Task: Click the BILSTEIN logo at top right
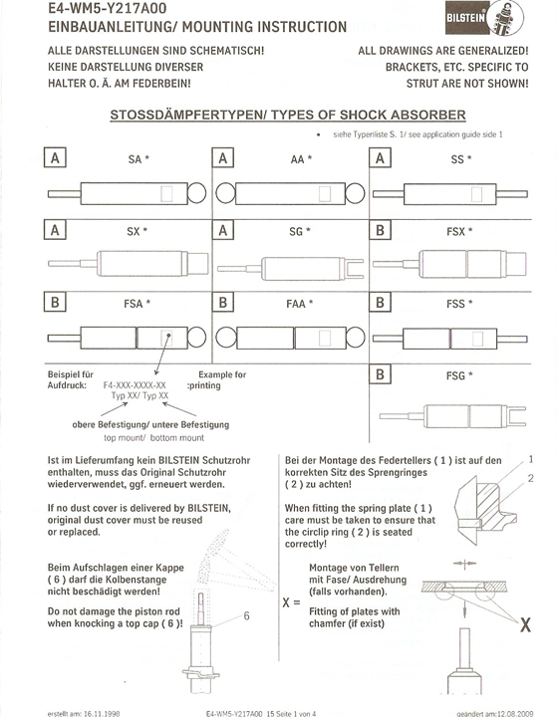tap(484, 17)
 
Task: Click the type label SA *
tap(139, 159)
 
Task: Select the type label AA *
tap(301, 159)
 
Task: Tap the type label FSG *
tap(459, 375)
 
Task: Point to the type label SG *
tap(300, 231)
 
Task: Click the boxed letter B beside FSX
tap(380, 230)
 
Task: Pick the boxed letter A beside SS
tap(380, 158)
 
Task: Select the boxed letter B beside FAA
tap(223, 303)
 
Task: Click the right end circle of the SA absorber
tap(197, 193)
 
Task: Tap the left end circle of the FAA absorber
tap(225, 338)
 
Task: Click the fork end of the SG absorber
tap(355, 269)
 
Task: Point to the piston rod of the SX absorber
tap(73, 263)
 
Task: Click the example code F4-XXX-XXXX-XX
tap(135, 385)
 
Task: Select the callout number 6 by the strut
tap(247, 616)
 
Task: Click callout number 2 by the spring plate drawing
tap(531, 478)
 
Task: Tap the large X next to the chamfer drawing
tap(525, 624)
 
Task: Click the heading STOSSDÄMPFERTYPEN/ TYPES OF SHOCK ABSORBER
tap(288, 115)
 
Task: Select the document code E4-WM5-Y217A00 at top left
tap(107, 8)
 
